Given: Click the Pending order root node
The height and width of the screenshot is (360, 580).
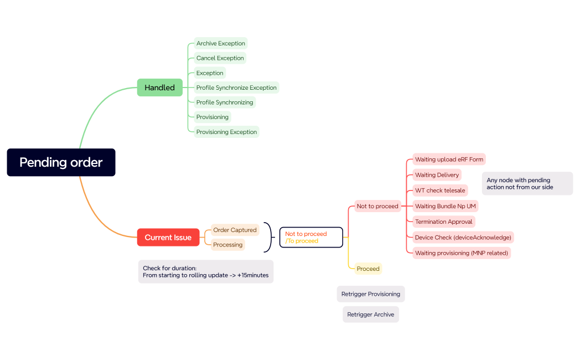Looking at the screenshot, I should pos(61,162).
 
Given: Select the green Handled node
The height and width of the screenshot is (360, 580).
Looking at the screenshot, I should pos(159,88).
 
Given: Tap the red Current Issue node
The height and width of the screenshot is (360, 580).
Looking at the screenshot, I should pos(168,238).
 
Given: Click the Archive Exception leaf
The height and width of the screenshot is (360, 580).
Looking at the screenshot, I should pos(220,43).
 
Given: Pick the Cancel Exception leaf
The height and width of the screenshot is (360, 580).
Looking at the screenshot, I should pos(220,58).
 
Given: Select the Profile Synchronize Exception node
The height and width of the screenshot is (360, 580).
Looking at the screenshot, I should pos(236,88).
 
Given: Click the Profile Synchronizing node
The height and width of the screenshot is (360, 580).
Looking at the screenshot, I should pos(225,102).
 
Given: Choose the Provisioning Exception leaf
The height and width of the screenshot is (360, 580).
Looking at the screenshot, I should pos(226,132).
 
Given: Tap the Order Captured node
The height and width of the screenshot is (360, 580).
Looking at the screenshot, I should pos(235,230).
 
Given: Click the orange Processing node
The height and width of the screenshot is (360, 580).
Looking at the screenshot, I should pos(228,245).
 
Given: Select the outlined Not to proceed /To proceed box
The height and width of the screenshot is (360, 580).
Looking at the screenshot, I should pos(310,238).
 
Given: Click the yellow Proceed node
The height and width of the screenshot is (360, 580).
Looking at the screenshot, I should pos(368,269).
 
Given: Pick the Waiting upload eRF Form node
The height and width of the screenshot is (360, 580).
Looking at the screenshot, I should pos(449,160).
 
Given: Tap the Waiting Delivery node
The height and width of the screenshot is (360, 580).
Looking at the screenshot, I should pos(437,175).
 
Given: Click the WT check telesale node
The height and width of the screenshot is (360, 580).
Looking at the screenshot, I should pos(440,191).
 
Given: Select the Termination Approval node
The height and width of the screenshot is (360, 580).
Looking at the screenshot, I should pos(444,222).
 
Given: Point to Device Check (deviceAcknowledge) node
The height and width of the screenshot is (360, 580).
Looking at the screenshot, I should pos(463,237).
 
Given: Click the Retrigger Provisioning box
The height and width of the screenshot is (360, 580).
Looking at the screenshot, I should pos(370,294).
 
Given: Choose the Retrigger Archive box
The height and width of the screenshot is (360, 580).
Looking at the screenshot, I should pos(370,315).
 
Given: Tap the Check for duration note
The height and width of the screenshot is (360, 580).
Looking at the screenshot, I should pos(205,271).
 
